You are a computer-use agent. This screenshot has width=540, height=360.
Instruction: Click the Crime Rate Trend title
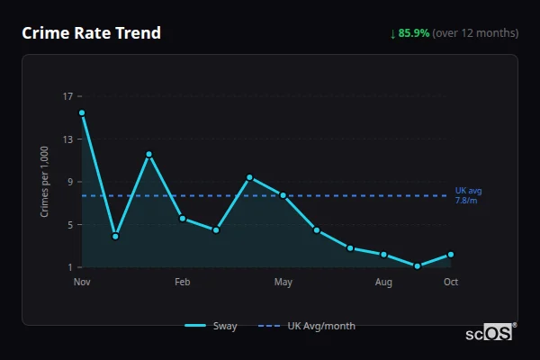coord(92,33)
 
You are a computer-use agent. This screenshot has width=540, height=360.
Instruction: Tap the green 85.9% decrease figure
coord(416,33)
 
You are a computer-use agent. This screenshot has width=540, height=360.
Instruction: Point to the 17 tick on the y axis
coord(68,96)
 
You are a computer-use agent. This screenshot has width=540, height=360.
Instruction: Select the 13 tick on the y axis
coord(68,139)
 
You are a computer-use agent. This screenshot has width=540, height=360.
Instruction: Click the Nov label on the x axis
coord(82,282)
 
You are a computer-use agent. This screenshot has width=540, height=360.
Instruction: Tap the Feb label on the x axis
coord(183,282)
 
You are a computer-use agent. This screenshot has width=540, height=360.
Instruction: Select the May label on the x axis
coord(283,282)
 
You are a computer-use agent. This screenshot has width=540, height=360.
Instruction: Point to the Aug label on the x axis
coord(383,282)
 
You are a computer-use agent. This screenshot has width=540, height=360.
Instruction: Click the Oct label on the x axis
coord(451,282)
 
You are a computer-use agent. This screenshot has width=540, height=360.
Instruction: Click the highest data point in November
coord(82,112)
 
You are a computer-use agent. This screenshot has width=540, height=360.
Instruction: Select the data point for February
coord(183,219)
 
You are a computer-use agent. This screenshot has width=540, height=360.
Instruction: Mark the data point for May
coord(283,195)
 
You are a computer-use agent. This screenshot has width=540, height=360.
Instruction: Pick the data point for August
coord(383,255)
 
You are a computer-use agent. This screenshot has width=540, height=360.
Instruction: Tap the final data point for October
coord(451,255)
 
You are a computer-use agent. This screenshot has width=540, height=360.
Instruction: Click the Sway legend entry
coord(212,326)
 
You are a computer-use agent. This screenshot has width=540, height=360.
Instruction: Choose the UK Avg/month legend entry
coord(307,326)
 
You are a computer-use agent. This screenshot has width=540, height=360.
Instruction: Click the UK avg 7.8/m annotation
coord(468,195)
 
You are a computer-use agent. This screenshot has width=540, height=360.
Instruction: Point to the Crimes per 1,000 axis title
coord(45,182)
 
